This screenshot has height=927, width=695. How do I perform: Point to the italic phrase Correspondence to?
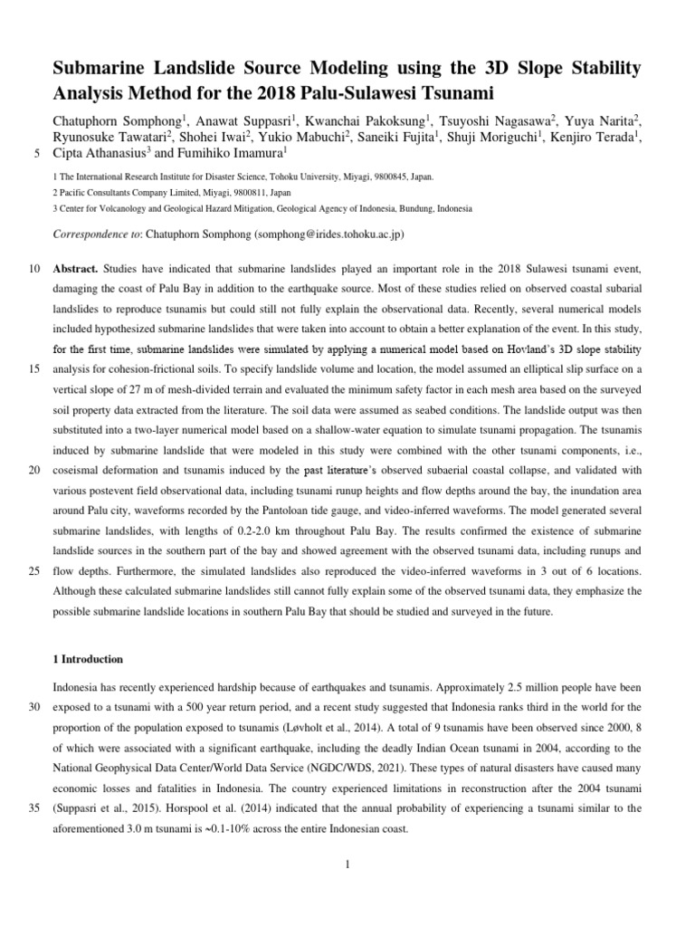coord(93,234)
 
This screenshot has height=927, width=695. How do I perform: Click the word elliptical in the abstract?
coord(500,368)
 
